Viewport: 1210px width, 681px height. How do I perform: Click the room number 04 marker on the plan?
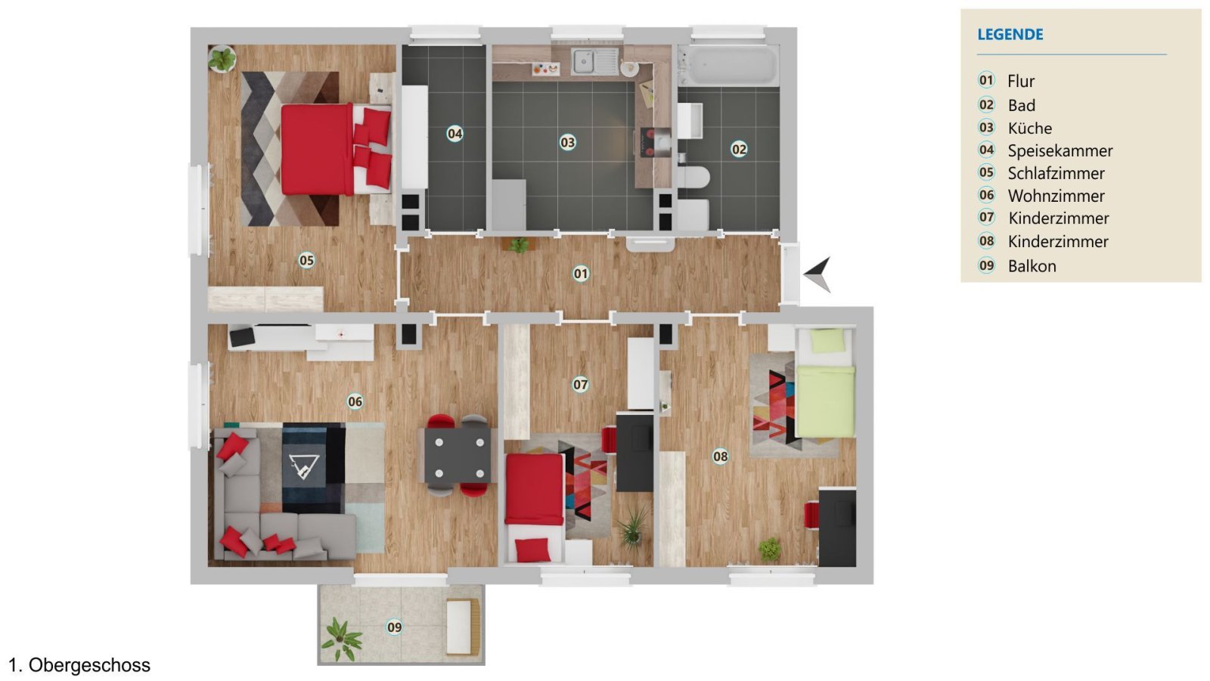click(x=455, y=134)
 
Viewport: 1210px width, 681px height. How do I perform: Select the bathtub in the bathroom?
click(x=728, y=67)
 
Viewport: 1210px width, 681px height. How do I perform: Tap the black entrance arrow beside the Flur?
click(x=819, y=273)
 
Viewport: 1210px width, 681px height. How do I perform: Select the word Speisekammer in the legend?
click(x=1060, y=150)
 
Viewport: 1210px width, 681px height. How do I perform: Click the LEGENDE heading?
click(x=1010, y=34)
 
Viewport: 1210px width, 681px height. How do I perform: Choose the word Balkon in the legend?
click(x=1032, y=266)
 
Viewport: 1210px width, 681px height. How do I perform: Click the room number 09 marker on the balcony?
click(x=395, y=627)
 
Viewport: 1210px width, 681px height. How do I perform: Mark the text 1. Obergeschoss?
click(x=79, y=665)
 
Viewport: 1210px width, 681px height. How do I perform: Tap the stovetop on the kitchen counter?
click(x=655, y=142)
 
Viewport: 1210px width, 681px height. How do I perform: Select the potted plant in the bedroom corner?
click(x=222, y=58)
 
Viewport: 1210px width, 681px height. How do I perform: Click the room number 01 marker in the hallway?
click(x=581, y=274)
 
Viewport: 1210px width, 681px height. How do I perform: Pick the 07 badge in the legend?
click(x=986, y=218)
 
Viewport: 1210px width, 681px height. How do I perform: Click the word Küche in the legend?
click(x=1029, y=128)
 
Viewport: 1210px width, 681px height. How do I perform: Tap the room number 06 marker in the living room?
click(x=355, y=401)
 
